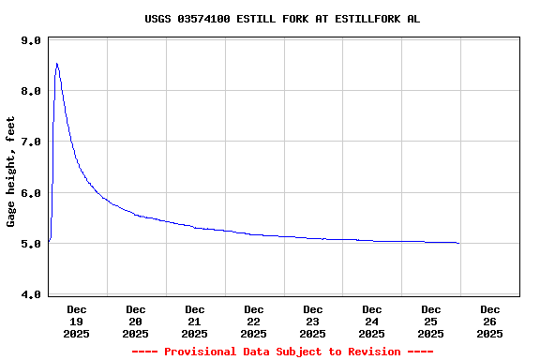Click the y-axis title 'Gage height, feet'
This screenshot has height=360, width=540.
pos(11,172)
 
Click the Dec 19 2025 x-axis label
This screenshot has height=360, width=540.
pos(77,321)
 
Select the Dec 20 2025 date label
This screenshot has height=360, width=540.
pos(136,321)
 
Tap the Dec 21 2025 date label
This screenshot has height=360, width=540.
pos(195,321)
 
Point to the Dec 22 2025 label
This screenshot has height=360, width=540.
pos(254,321)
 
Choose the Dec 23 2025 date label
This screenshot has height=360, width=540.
pos(313,321)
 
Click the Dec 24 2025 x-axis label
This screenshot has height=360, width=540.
pos(372,321)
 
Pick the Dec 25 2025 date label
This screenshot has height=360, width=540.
pos(431,321)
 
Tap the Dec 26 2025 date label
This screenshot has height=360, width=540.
pos(490,321)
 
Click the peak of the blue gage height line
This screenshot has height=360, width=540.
pos(57,64)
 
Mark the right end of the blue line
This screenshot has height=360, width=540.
pos(458,243)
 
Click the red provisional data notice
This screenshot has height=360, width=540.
pos(282,352)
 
